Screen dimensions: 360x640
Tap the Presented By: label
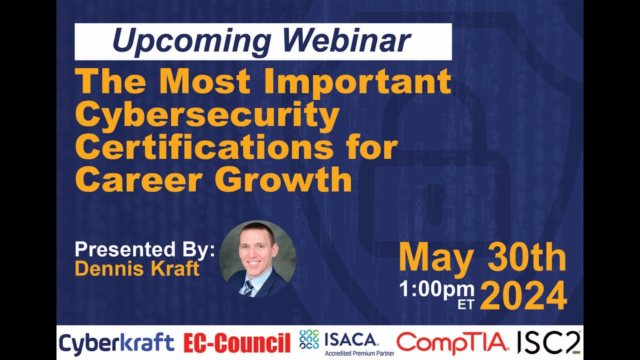[x=144, y=249]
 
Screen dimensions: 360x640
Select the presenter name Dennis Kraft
[x=136, y=268]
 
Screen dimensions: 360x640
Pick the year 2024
[x=523, y=296]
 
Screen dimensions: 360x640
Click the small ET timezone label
[x=465, y=305]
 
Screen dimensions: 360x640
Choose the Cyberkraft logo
[x=116, y=343]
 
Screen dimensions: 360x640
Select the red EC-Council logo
[x=236, y=343]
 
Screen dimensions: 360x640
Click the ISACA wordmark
[x=350, y=340]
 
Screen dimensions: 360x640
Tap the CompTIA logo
[x=452, y=342]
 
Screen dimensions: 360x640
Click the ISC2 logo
[x=548, y=342]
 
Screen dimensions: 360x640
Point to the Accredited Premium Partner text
[x=359, y=353]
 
